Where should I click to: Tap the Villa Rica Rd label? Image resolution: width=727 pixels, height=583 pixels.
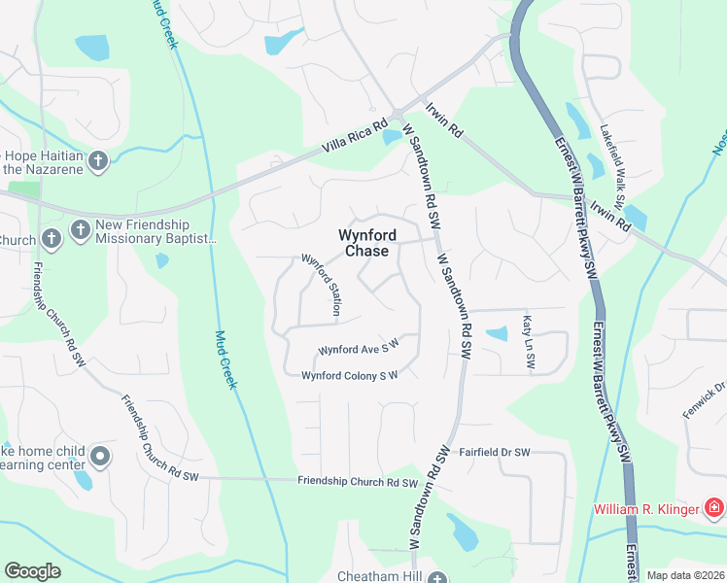(x=356, y=138)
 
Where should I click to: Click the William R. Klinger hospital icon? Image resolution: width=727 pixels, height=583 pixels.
(x=714, y=508)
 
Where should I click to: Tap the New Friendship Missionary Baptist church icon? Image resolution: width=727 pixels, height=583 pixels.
(x=80, y=233)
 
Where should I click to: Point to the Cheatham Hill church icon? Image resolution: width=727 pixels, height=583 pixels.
(x=439, y=577)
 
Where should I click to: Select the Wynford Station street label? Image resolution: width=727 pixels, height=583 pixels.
(x=322, y=286)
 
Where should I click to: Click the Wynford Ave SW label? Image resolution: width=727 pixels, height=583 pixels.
(x=360, y=349)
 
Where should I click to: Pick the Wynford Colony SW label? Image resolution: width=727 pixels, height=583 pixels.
(x=350, y=375)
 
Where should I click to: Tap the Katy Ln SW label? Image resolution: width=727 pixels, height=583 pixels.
(x=529, y=341)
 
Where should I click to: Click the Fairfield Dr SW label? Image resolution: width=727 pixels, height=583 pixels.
(x=495, y=453)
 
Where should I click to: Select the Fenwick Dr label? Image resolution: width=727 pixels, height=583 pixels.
(x=704, y=398)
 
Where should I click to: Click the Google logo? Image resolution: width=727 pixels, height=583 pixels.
(x=32, y=571)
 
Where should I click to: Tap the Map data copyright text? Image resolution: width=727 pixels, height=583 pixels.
(x=685, y=575)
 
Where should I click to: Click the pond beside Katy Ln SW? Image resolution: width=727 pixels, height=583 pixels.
(x=496, y=334)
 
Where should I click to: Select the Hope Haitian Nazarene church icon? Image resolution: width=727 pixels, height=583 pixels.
(x=97, y=161)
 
